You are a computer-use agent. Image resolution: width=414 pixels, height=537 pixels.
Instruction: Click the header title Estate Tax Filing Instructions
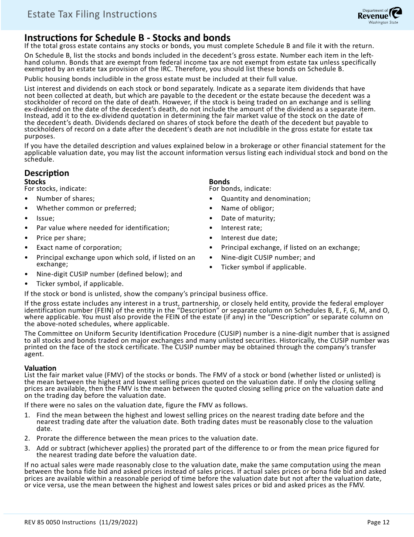(x=92, y=14)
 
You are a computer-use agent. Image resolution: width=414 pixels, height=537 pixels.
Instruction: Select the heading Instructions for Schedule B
(x=127, y=38)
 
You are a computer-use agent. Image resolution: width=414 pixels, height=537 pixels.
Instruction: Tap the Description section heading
(x=47, y=173)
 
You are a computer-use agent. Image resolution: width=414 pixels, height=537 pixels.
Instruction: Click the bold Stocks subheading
(x=35, y=182)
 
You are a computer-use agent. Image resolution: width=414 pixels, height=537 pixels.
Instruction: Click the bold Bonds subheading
(x=219, y=182)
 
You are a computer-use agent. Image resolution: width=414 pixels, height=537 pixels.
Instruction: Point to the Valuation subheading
(x=40, y=368)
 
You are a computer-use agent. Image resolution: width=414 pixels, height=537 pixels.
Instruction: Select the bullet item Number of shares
(x=65, y=199)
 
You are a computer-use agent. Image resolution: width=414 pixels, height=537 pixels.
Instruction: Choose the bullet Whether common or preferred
(x=86, y=208)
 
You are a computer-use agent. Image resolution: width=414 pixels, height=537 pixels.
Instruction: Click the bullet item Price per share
(x=61, y=238)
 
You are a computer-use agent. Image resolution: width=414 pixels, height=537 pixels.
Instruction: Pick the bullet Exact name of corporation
(x=79, y=248)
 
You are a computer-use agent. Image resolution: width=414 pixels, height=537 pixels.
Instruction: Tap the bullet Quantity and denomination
(x=265, y=199)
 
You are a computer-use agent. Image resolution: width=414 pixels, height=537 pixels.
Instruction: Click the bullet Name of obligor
(x=247, y=208)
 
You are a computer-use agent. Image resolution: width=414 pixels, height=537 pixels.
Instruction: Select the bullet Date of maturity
(x=248, y=218)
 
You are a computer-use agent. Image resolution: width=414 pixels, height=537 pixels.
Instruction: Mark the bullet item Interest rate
(x=241, y=228)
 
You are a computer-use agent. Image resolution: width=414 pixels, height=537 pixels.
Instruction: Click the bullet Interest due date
(x=249, y=238)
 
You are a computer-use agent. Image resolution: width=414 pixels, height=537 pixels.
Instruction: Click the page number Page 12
(x=378, y=522)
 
